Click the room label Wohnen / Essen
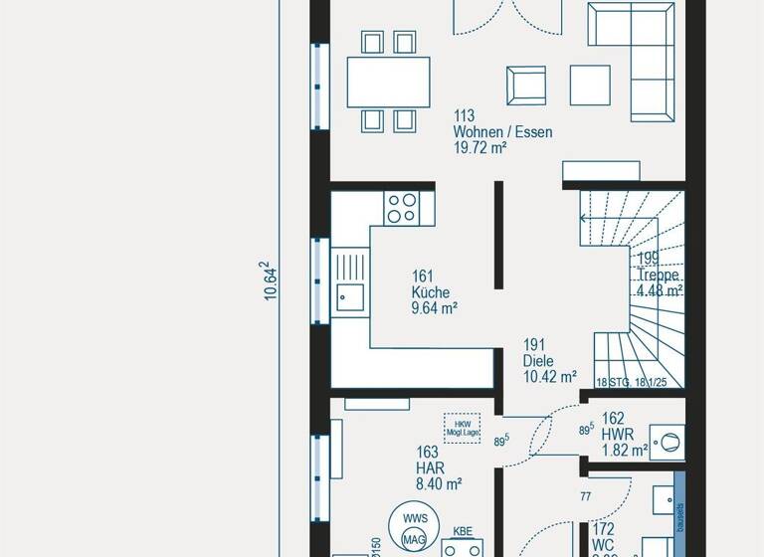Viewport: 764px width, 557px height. (502, 132)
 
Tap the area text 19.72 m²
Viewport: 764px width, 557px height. (480, 148)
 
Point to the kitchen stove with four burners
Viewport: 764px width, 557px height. (403, 208)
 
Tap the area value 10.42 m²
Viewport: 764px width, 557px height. (550, 377)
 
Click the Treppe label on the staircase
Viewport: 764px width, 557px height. (659, 276)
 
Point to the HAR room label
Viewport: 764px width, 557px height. (430, 467)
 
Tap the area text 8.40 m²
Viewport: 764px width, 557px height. (439, 484)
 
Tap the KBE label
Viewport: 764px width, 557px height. (462, 531)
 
